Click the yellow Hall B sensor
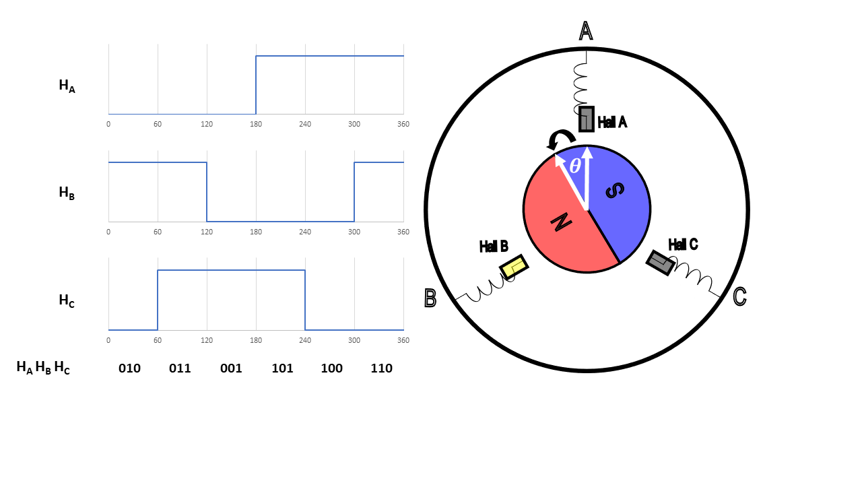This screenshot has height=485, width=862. [514, 267]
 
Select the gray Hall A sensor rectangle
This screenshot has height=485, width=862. [587, 119]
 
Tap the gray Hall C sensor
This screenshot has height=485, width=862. [660, 262]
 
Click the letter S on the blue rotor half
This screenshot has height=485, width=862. [615, 191]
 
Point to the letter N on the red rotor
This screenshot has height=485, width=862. [561, 222]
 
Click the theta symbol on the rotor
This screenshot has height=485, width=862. [574, 166]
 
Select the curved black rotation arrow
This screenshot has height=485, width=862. [559, 140]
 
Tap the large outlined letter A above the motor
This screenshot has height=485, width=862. [586, 31]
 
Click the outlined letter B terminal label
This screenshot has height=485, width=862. [430, 298]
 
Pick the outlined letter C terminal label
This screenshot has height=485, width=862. [739, 296]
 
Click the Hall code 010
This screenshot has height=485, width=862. [129, 368]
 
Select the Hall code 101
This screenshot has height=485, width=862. [282, 368]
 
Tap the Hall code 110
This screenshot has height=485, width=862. [381, 368]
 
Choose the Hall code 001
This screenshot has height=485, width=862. [231, 368]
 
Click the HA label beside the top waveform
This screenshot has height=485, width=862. [67, 86]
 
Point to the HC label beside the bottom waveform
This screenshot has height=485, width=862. [67, 300]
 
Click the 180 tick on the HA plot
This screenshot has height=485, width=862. [256, 124]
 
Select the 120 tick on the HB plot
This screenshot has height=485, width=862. [207, 232]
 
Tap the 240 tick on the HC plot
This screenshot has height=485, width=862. [305, 340]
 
